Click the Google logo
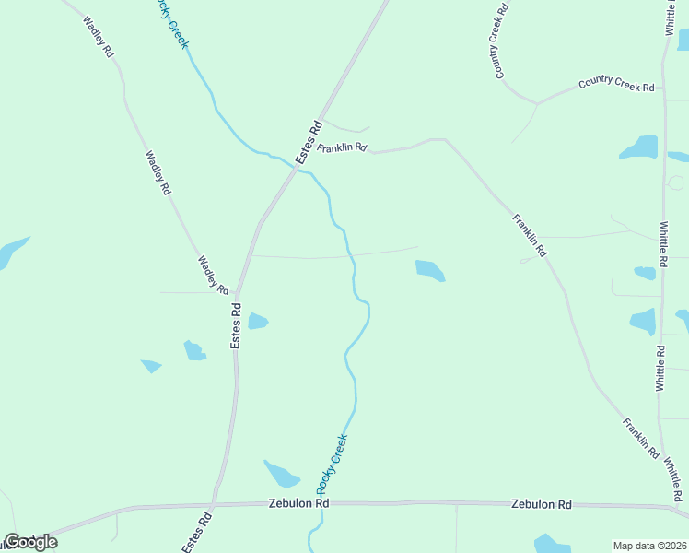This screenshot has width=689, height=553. [31, 542]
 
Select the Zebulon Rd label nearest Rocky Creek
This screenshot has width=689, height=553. [298, 504]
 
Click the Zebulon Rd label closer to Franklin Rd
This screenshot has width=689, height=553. [542, 504]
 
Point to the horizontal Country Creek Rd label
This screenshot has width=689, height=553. [616, 84]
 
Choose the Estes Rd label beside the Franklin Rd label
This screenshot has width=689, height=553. [309, 143]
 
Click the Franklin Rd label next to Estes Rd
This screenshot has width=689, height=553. [343, 147]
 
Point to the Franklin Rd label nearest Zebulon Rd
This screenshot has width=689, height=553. [640, 440]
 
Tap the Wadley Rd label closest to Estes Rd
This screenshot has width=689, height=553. [213, 275]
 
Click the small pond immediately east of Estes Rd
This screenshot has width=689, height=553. [258, 322]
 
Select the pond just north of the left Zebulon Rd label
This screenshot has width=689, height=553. [282, 474]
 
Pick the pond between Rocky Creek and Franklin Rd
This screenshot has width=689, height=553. [430, 270]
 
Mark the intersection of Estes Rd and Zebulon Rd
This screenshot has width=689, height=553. [214, 505]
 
